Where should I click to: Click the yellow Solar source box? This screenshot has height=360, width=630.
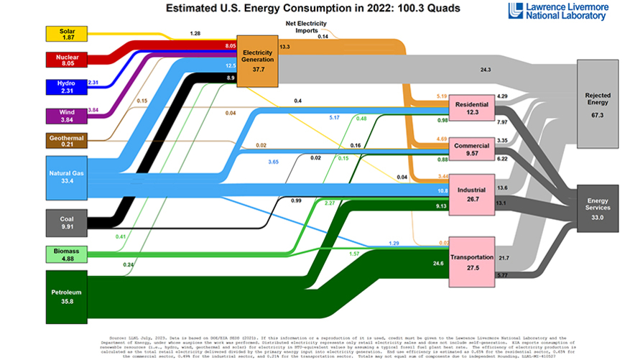66,33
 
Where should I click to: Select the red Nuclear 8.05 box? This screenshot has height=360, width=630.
66,59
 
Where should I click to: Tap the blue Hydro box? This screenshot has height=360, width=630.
66,87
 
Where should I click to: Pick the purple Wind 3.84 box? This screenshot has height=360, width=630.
66,116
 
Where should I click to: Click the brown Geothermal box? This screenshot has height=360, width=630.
66,139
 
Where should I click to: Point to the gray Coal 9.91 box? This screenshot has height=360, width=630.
66,221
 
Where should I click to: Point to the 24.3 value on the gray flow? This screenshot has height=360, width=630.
485,70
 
